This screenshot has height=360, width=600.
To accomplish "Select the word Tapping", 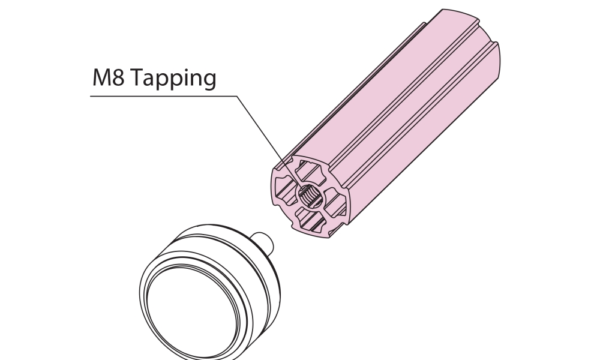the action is [175, 79].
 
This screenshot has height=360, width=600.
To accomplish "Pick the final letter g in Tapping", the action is [209, 81].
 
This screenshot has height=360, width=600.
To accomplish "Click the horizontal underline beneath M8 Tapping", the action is [164, 96].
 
